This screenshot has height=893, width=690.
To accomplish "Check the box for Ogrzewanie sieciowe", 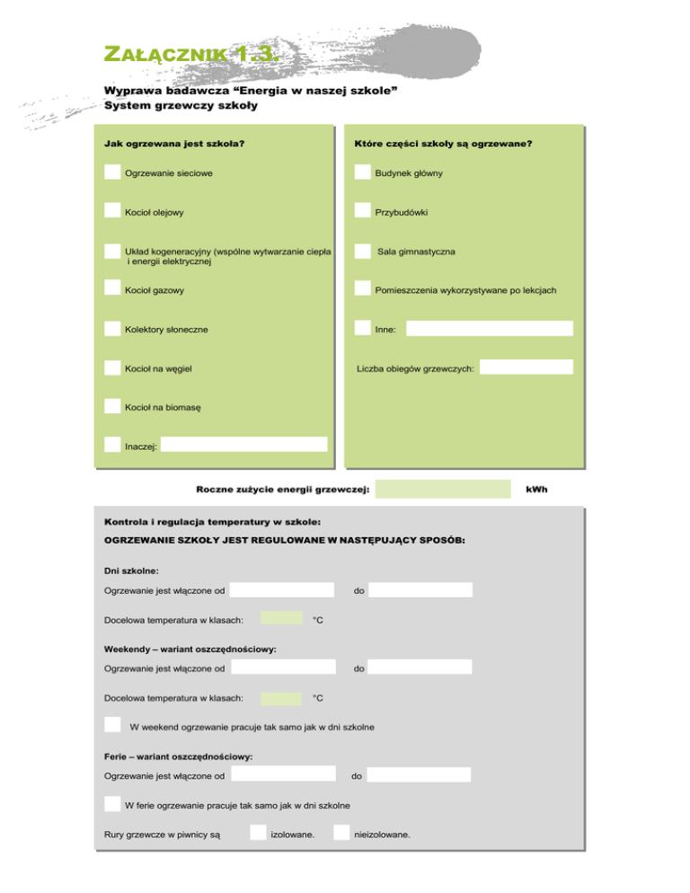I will point(112,172).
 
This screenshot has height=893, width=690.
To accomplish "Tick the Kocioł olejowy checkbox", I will point(112,210).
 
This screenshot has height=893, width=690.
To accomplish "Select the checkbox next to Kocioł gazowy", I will point(112,287).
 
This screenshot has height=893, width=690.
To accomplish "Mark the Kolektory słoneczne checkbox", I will point(112,328).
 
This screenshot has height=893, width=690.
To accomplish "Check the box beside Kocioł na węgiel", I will point(112,367).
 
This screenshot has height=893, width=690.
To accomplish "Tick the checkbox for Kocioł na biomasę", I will point(112,405).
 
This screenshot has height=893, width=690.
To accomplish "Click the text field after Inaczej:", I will point(244,445).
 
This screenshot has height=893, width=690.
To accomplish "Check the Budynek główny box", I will point(362,172).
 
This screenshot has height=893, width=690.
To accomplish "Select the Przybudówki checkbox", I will point(362,210).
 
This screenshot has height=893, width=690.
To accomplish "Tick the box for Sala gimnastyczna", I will point(362,251).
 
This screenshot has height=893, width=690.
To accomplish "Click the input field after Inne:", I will point(489,329).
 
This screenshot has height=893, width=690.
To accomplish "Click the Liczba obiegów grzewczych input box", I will point(531,367).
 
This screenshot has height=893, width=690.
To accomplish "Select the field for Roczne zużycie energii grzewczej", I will point(444,489).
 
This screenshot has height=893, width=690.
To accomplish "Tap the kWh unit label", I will point(536,490).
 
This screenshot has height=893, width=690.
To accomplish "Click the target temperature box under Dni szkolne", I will point(281,618).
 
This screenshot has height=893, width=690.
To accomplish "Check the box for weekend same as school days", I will point(112,724).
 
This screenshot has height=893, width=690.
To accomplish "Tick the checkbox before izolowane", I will point(258,833).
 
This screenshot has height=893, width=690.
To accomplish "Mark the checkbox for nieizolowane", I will point(341,833).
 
